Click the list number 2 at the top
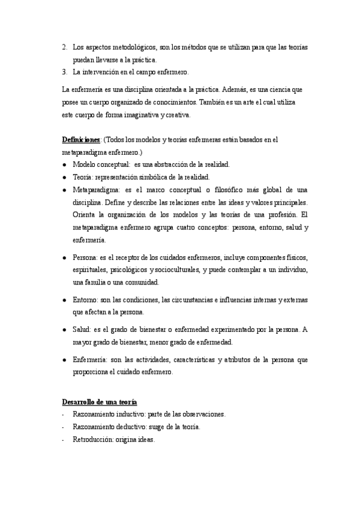64,47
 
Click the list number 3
64,72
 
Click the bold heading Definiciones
82,140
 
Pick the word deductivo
125,427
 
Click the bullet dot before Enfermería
64,360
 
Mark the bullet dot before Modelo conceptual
64,164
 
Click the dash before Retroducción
63,439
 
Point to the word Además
238,89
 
